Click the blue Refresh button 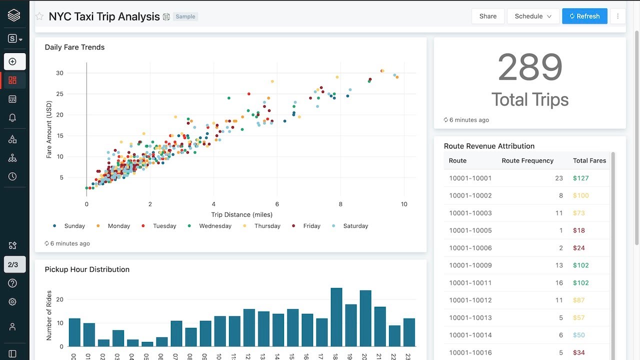coord(584,16)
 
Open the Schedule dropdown coord(533,16)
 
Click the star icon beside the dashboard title coord(39,16)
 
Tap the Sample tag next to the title coord(185,16)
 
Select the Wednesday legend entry coord(215,226)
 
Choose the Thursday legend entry coord(267,226)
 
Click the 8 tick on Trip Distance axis coord(340,204)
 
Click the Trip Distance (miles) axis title coord(241,214)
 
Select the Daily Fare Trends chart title coord(74,47)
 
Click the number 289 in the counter coord(530,67)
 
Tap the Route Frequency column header coord(527,160)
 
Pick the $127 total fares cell coord(581,178)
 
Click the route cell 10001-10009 coord(470,265)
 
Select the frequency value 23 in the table coord(558,178)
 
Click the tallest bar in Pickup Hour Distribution coord(336,317)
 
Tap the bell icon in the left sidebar coord(12,117)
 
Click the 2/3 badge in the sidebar coord(13,264)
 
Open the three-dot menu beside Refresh coord(617,16)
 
